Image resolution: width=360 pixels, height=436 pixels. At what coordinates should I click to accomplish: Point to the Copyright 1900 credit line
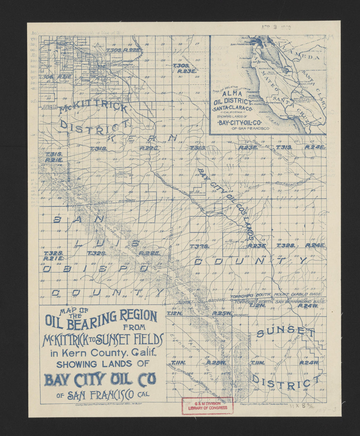click(x=264, y=404)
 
